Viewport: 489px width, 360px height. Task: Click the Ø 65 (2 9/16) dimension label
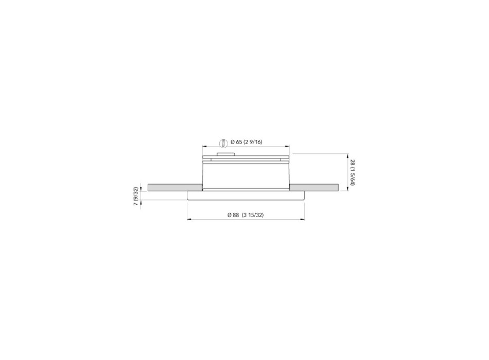point(247,141)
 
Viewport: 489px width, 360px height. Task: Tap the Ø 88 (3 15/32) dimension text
point(246,215)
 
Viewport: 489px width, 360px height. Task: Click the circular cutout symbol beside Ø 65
point(223,142)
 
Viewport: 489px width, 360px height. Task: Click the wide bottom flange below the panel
point(246,195)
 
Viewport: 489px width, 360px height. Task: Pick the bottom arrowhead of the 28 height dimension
point(348,188)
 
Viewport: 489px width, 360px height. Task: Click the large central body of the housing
point(246,175)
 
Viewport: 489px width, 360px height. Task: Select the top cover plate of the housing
point(246,157)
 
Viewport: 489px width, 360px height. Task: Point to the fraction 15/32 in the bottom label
point(256,215)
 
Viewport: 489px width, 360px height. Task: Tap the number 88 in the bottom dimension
point(235,215)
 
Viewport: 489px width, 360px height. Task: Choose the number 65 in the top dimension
point(239,141)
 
